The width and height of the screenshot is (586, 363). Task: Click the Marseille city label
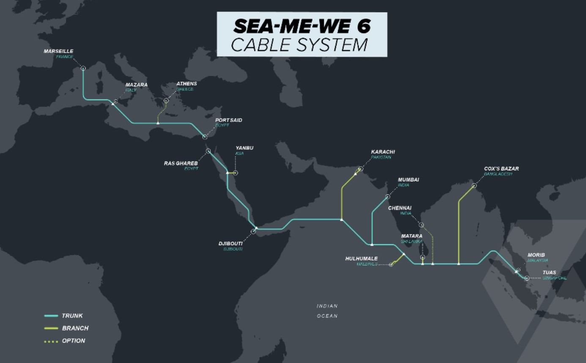tap(58, 51)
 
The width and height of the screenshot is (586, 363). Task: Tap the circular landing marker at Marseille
tap(83, 68)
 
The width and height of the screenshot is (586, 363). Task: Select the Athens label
tap(186, 84)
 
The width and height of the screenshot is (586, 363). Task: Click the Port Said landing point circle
tap(205, 137)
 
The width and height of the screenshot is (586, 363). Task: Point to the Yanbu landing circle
tap(235, 173)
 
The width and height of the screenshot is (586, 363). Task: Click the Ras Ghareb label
tap(181, 163)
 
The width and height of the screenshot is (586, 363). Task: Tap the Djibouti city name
tap(230, 244)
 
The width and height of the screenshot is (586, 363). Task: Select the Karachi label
tap(383, 152)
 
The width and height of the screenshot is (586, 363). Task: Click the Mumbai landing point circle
tap(388, 197)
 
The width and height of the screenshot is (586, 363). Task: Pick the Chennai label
tap(400, 208)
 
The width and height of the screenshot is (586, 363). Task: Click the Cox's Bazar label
tap(501, 169)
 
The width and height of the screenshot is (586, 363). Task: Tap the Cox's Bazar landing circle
tap(474, 186)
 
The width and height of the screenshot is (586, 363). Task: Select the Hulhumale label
tap(361, 259)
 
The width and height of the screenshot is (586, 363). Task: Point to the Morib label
tap(536, 255)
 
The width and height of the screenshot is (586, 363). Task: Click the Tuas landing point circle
tap(527, 278)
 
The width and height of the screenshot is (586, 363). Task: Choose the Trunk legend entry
tap(72, 316)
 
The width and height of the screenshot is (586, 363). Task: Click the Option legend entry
tap(73, 341)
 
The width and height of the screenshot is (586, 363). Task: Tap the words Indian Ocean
tap(327, 311)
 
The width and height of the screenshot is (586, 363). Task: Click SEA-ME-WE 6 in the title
tap(302, 26)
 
